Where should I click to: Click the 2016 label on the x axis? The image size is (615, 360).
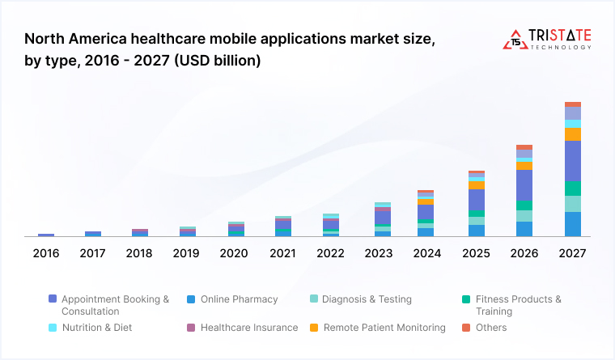tap(46, 253)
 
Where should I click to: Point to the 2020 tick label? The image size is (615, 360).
tap(234, 253)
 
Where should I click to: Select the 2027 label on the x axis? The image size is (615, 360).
tap(572, 253)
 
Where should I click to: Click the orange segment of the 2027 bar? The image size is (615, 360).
tap(572, 134)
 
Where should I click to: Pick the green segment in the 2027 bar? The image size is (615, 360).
tap(572, 188)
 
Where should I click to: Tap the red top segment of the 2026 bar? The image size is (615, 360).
tap(524, 147)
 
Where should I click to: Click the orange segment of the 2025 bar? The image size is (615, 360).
tap(477, 185)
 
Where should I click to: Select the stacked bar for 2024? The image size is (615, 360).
tap(426, 214)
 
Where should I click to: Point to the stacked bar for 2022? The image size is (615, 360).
tap(331, 225)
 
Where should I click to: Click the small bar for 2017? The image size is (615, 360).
tap(93, 234)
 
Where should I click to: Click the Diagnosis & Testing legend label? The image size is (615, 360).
tap(367, 299)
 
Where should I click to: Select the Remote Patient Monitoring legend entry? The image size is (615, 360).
tap(384, 328)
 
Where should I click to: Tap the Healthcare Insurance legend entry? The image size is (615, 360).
tap(248, 328)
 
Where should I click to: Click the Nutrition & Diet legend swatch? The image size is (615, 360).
tap(53, 328)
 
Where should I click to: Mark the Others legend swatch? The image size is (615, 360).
tap(466, 328)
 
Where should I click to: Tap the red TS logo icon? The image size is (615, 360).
tap(515, 40)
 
